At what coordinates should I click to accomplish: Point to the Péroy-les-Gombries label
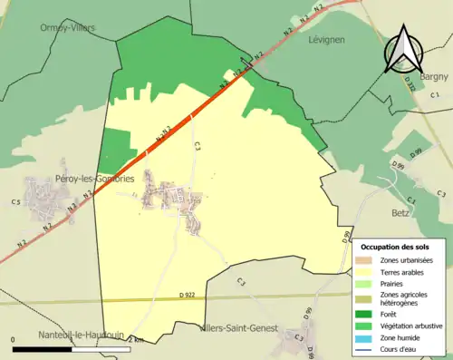(95, 180)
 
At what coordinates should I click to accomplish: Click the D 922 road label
(188, 295)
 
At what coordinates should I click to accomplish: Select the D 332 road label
(410, 84)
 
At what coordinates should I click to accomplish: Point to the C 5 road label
(15, 201)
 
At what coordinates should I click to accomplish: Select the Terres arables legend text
(404, 271)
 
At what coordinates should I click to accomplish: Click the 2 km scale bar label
(136, 339)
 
